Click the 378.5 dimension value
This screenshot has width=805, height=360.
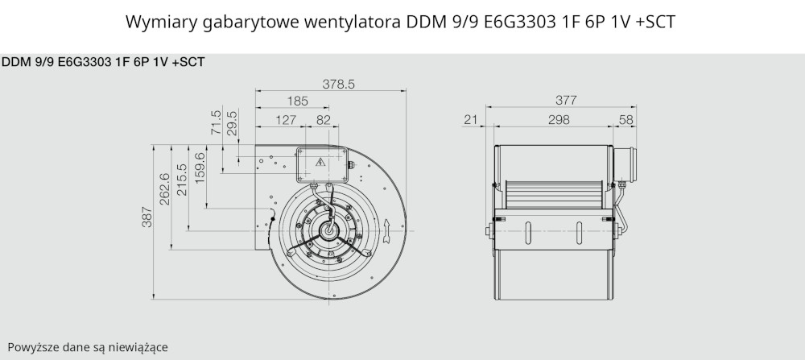(338, 84)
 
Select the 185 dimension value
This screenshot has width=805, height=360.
(298, 101)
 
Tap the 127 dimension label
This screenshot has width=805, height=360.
(286, 120)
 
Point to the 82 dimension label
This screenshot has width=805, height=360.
(324, 120)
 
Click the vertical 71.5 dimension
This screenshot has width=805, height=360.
(216, 122)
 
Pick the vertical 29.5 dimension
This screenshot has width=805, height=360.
(232, 122)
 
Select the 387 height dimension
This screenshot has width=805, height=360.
(147, 217)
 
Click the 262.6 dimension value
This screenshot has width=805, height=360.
(165, 189)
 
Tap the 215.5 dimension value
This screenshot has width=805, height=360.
(182, 180)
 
